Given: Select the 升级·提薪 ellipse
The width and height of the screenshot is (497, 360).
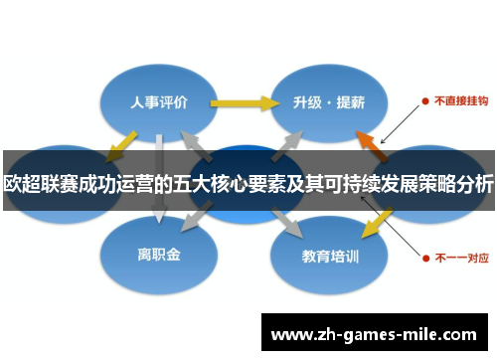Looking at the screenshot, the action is click(328, 101).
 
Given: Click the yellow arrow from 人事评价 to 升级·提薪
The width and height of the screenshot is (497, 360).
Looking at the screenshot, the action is click(244, 101).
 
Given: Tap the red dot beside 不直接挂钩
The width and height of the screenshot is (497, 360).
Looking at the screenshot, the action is click(424, 100).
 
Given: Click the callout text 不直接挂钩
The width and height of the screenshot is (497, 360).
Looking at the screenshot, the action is click(458, 100).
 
